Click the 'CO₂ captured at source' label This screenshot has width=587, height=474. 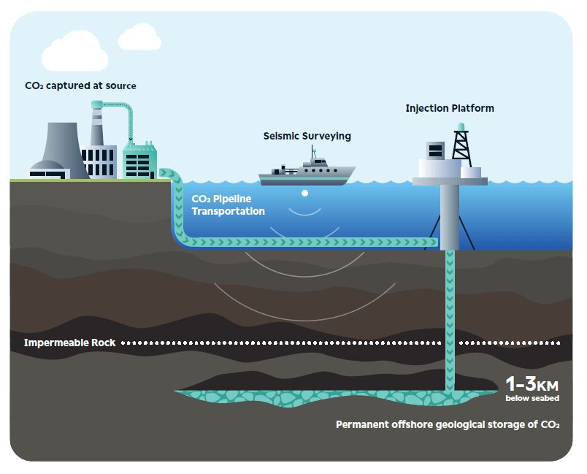click(80, 85)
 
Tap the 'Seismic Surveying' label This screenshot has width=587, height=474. click(307, 137)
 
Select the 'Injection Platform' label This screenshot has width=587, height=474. click(450, 108)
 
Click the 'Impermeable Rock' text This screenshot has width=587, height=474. click(69, 343)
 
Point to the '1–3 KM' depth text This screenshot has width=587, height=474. click(532, 383)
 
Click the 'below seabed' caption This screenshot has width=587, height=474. click(532, 398)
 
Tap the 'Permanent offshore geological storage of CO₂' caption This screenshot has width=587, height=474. click(448, 424)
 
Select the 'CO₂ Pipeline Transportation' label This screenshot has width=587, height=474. click(228, 204)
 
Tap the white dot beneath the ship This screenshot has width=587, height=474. click(305, 194)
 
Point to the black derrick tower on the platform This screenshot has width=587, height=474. click(461, 146)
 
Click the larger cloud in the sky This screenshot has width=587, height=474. click(75, 51)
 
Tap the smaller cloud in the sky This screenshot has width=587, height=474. click(139, 37)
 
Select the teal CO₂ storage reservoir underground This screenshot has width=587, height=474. click(336, 397)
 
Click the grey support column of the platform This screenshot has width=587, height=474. click(449, 217)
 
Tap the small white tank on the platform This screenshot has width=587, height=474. click(471, 172)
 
